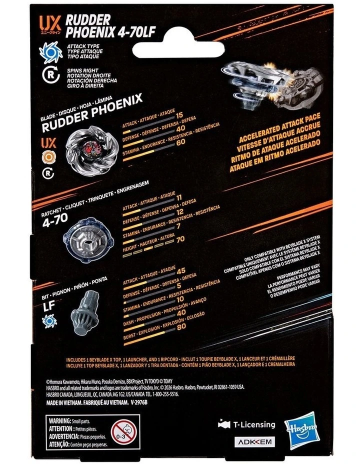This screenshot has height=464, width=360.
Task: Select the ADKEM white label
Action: (254, 442)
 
